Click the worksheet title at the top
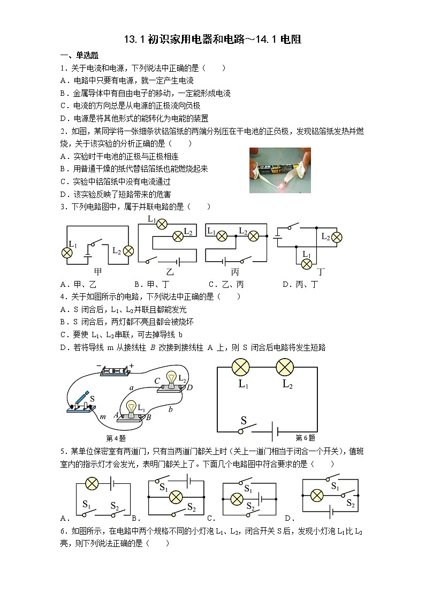(x=212, y=39)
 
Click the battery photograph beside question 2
(x=280, y=170)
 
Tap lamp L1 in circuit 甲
(x=67, y=252)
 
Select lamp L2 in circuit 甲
(x=128, y=251)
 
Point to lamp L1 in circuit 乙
(x=162, y=224)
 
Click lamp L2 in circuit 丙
(x=253, y=237)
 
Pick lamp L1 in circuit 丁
(x=306, y=264)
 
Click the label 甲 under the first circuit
(x=98, y=272)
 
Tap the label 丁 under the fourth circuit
(x=321, y=272)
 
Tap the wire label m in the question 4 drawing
(x=103, y=417)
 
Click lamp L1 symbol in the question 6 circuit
(x=240, y=367)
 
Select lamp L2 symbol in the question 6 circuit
(x=285, y=367)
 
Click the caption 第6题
(x=305, y=438)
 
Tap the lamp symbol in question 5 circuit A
(x=92, y=484)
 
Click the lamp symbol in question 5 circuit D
(x=317, y=496)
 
